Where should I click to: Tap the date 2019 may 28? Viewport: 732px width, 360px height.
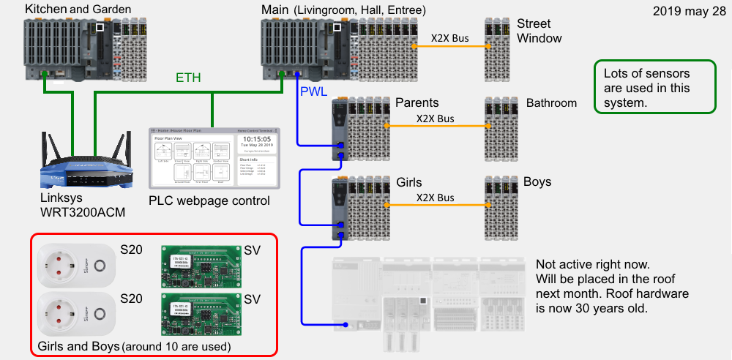684,12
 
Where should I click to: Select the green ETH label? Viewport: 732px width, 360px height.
188,78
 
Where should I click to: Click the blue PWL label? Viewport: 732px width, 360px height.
313,91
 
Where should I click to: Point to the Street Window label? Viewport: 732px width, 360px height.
539,31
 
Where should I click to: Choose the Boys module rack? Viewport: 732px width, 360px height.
501,209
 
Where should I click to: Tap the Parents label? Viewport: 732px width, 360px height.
417,102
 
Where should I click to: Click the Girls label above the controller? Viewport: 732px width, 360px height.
409,181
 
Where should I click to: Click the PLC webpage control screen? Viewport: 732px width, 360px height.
212,158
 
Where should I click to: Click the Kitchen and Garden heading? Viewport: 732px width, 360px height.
78,10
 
